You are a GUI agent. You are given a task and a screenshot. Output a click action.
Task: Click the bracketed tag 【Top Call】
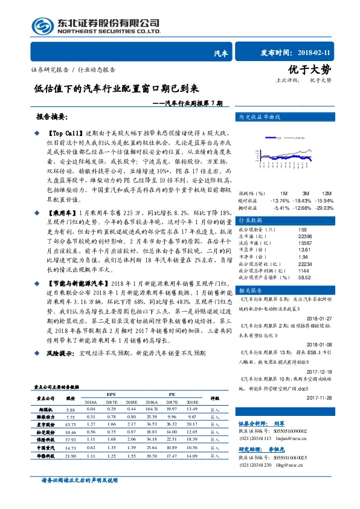tap(63, 132)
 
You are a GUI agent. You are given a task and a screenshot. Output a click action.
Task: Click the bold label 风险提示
tap(60, 352)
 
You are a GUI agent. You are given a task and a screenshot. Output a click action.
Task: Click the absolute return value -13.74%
tap(281, 199)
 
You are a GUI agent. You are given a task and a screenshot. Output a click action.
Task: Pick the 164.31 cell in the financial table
tap(152, 409)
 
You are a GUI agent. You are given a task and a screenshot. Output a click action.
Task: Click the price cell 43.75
tap(71, 424)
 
